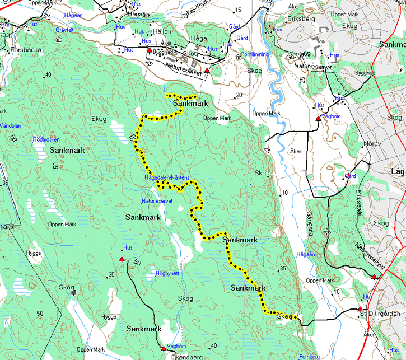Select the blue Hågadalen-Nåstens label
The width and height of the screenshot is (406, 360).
tap(167, 177)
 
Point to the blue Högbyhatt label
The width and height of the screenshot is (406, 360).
tap(167, 273)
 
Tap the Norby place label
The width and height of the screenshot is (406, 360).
tap(372, 144)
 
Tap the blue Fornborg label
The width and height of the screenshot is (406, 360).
tap(310, 356)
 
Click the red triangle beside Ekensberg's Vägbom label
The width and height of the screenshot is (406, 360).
tap(164, 349)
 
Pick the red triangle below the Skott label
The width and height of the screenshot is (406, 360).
tap(207, 71)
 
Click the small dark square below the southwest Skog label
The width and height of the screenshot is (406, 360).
tap(72, 292)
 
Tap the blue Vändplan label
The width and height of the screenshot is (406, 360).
tap(10, 126)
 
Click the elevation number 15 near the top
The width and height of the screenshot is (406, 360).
tap(237, 10)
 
